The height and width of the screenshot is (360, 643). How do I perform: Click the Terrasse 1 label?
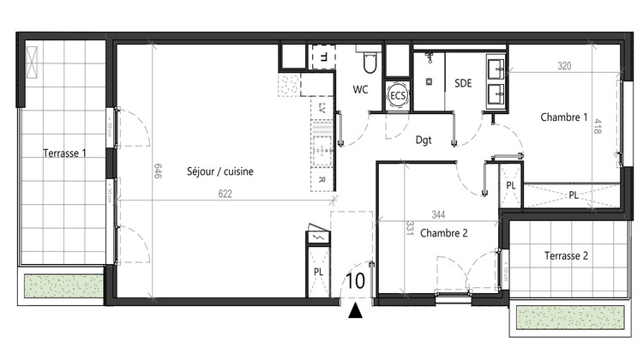click(65, 153)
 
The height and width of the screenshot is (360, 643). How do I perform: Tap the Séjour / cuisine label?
click(219, 171)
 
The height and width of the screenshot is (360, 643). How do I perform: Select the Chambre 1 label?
click(563, 117)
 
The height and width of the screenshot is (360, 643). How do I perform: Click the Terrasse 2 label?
click(567, 255)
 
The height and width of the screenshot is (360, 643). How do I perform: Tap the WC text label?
click(362, 89)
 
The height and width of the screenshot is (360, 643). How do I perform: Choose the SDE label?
click(463, 83)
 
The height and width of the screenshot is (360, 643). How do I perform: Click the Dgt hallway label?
click(424, 139)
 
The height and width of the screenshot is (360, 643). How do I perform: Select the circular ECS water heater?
click(398, 96)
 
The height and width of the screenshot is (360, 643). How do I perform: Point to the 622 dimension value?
click(225, 194)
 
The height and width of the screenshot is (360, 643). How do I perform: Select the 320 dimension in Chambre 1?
click(563, 65)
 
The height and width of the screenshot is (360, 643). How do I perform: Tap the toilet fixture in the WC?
click(370, 63)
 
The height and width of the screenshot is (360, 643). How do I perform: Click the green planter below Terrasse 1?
click(60, 285)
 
